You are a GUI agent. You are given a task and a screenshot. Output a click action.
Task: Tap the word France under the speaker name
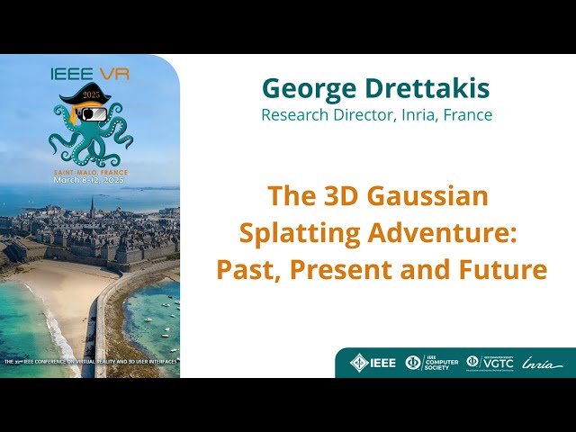click(468, 115)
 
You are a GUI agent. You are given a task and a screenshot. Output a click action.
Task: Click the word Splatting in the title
click(292, 232)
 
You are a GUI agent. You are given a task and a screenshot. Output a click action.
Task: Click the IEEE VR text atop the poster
click(91, 73)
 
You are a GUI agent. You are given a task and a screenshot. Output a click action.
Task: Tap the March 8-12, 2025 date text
click(88, 180)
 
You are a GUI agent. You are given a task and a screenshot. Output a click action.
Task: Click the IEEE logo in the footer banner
click(373, 363)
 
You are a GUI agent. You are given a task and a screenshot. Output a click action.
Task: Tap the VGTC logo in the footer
click(490, 363)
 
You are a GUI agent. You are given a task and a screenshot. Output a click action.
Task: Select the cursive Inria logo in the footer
click(543, 364)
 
